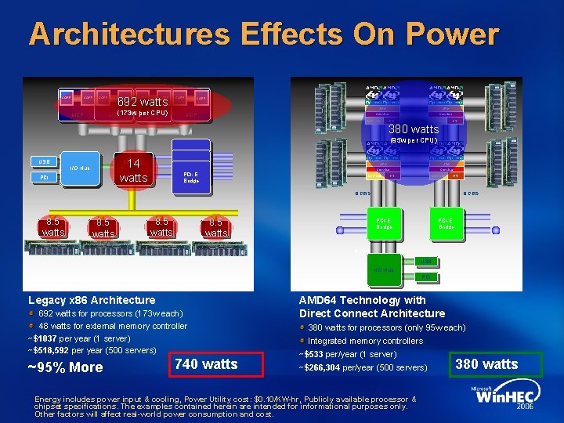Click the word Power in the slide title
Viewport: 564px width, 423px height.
coord(448,34)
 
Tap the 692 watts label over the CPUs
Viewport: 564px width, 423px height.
coord(142,102)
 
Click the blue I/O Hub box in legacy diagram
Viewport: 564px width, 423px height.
coord(81,168)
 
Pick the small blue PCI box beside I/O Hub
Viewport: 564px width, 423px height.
coord(45,177)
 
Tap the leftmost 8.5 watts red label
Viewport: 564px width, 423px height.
coord(53,227)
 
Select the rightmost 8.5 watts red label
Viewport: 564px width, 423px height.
coord(215,227)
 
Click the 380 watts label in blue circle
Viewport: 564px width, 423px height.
coord(414,128)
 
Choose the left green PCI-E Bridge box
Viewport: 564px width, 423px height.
coord(384,223)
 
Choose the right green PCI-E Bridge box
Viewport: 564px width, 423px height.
coord(446,223)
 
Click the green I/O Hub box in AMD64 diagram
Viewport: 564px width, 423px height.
coord(384,269)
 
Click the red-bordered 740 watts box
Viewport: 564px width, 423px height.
coord(206,363)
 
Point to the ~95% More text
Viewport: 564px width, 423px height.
coord(66,368)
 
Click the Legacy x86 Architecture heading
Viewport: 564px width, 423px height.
coord(92,300)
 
